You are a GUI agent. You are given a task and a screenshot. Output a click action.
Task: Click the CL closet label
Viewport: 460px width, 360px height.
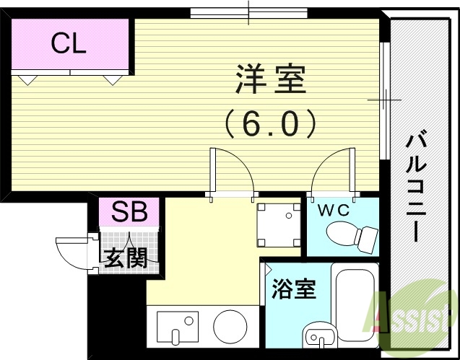point(69,45)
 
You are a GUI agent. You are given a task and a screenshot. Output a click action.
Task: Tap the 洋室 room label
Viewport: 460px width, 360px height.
point(270,80)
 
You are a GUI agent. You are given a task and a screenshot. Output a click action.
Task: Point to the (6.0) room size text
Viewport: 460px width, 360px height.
point(270,123)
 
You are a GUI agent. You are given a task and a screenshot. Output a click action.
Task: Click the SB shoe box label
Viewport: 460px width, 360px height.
point(129,213)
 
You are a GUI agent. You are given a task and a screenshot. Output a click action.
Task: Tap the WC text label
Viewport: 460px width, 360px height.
point(333,211)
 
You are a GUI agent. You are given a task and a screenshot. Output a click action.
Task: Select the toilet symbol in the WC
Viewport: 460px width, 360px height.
point(352,235)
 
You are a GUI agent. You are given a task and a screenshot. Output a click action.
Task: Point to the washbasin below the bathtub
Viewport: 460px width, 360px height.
point(318,336)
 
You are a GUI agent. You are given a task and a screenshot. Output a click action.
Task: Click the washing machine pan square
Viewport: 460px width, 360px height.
point(279,223)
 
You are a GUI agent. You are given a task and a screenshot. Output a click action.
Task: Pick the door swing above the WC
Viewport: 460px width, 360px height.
point(331,173)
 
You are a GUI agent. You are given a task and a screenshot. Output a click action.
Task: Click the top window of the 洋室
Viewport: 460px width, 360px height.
point(248,13)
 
